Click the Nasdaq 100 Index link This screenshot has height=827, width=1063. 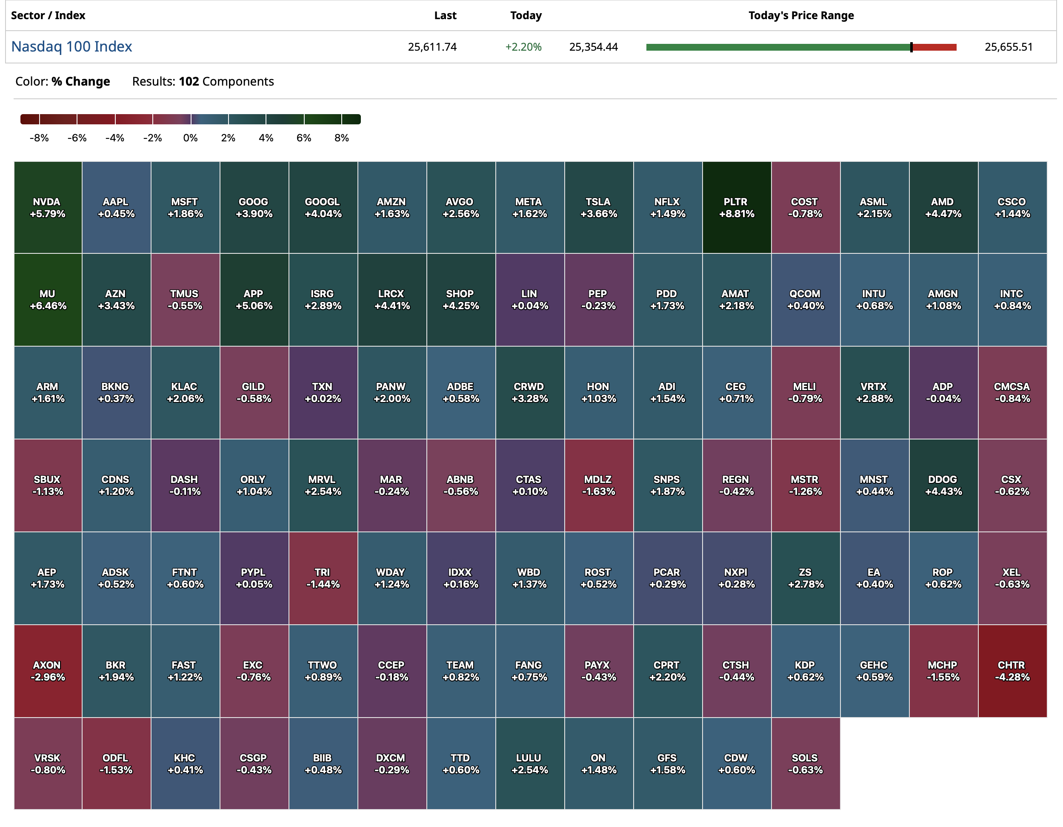tap(71, 47)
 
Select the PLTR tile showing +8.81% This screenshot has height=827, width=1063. tap(737, 207)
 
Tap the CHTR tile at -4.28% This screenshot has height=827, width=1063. tap(1012, 671)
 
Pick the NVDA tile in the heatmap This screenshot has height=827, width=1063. tap(48, 207)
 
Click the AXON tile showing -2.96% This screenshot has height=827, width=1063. tap(48, 671)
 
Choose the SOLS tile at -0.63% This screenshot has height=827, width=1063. tap(806, 763)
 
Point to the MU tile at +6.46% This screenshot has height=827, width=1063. tap(48, 299)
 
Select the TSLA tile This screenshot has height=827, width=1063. tap(599, 207)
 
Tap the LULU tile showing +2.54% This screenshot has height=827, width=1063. tap(529, 763)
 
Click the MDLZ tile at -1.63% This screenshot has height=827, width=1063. tap(599, 485)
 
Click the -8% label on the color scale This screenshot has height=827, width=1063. tap(39, 138)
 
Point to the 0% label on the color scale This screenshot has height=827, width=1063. tap(190, 138)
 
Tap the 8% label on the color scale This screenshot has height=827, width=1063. tap(342, 138)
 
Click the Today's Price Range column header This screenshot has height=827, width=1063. tap(801, 16)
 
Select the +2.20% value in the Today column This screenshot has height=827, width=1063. tap(523, 47)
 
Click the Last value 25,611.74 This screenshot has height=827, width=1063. tap(432, 47)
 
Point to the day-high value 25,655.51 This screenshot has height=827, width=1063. tap(1008, 47)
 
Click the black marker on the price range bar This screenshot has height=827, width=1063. tap(911, 47)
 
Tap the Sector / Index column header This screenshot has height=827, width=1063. tap(48, 16)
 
